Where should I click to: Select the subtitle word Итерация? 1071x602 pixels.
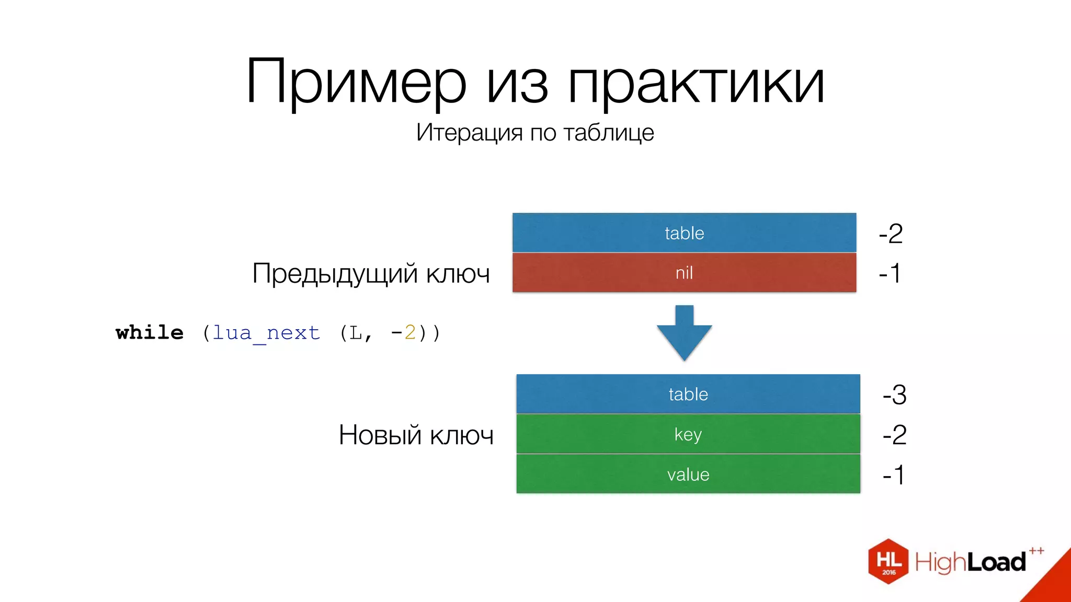click(469, 132)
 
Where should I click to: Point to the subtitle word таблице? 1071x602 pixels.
click(609, 133)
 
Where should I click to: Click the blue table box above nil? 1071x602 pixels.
click(684, 233)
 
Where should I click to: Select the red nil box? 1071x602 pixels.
click(684, 272)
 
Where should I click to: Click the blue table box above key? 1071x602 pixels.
click(688, 394)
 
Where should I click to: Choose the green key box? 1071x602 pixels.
click(688, 434)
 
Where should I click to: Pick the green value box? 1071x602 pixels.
click(688, 474)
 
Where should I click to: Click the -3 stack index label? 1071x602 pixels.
click(894, 395)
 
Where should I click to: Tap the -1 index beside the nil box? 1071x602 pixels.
click(890, 273)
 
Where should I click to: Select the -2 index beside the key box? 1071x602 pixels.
click(894, 435)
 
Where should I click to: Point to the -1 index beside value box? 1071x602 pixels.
click(893, 475)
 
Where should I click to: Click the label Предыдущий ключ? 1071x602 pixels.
click(371, 274)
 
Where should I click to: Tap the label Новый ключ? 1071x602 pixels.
click(416, 435)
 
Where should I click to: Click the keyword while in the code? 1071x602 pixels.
click(150, 332)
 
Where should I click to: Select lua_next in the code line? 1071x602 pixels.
click(266, 333)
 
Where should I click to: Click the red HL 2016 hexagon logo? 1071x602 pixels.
click(888, 561)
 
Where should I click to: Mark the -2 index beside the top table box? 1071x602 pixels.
click(891, 234)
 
